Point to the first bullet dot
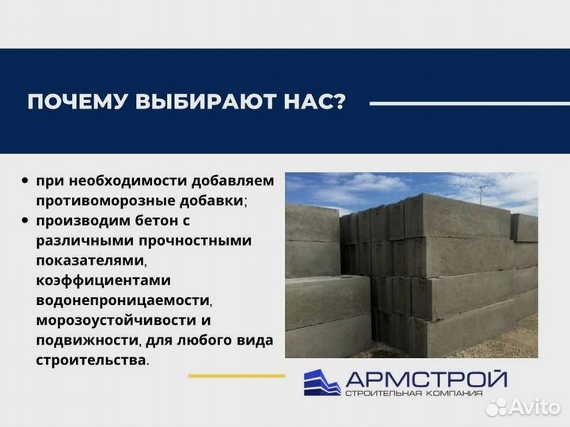(27, 181)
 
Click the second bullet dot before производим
(27, 219)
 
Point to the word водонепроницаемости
(123, 300)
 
